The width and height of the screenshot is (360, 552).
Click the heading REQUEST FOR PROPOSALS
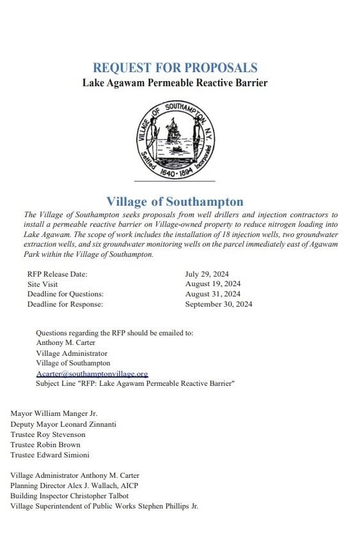coord(175,68)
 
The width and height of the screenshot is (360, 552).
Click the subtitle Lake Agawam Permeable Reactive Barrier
coord(175,83)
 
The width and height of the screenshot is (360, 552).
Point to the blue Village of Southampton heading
coord(175,202)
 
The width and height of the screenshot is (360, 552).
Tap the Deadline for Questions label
coord(65,294)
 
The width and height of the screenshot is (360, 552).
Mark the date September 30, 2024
coord(219,304)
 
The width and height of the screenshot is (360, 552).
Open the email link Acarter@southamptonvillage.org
coord(92,373)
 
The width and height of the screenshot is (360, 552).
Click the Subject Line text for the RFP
coord(136,383)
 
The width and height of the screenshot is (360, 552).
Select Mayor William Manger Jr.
coord(54,414)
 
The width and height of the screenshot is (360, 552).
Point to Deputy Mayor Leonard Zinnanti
coord(63,424)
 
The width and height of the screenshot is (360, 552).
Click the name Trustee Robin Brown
coord(45,445)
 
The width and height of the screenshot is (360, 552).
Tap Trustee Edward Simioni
coord(50,455)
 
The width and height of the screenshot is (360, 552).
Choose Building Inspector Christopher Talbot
coord(70,496)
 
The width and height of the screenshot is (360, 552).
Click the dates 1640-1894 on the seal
coord(174,171)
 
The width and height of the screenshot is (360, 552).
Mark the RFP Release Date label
coord(57,274)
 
